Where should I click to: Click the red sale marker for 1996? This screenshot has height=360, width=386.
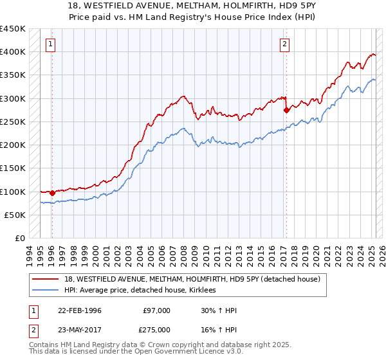[52, 192]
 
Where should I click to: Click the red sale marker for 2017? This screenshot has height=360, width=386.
[286, 110]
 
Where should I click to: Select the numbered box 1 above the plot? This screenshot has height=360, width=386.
[51, 44]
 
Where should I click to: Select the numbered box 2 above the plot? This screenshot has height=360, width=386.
[284, 44]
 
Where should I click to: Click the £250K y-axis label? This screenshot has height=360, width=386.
[13, 122]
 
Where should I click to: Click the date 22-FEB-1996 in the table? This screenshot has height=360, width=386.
[80, 310]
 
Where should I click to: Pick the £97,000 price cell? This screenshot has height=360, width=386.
[156, 310]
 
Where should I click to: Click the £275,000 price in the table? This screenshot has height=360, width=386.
[156, 329]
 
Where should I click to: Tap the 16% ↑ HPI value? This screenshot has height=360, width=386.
[219, 329]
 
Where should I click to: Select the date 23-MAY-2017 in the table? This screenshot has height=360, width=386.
[80, 329]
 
